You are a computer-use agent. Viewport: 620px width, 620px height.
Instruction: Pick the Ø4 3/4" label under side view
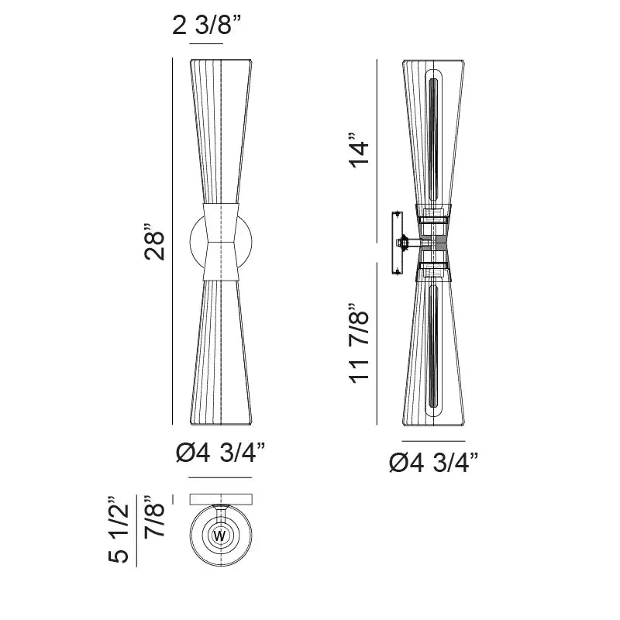point(433,463)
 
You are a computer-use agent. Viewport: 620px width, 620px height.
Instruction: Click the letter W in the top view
point(219,536)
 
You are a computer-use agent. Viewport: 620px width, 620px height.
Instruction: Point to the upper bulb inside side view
point(433,132)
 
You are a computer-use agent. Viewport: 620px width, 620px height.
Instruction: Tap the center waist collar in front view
point(222,241)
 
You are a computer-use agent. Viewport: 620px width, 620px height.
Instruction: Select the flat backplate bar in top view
point(221,499)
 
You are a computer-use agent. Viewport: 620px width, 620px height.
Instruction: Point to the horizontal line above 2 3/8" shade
point(205,43)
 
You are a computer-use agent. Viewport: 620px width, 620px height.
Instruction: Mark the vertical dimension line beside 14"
point(377,139)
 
